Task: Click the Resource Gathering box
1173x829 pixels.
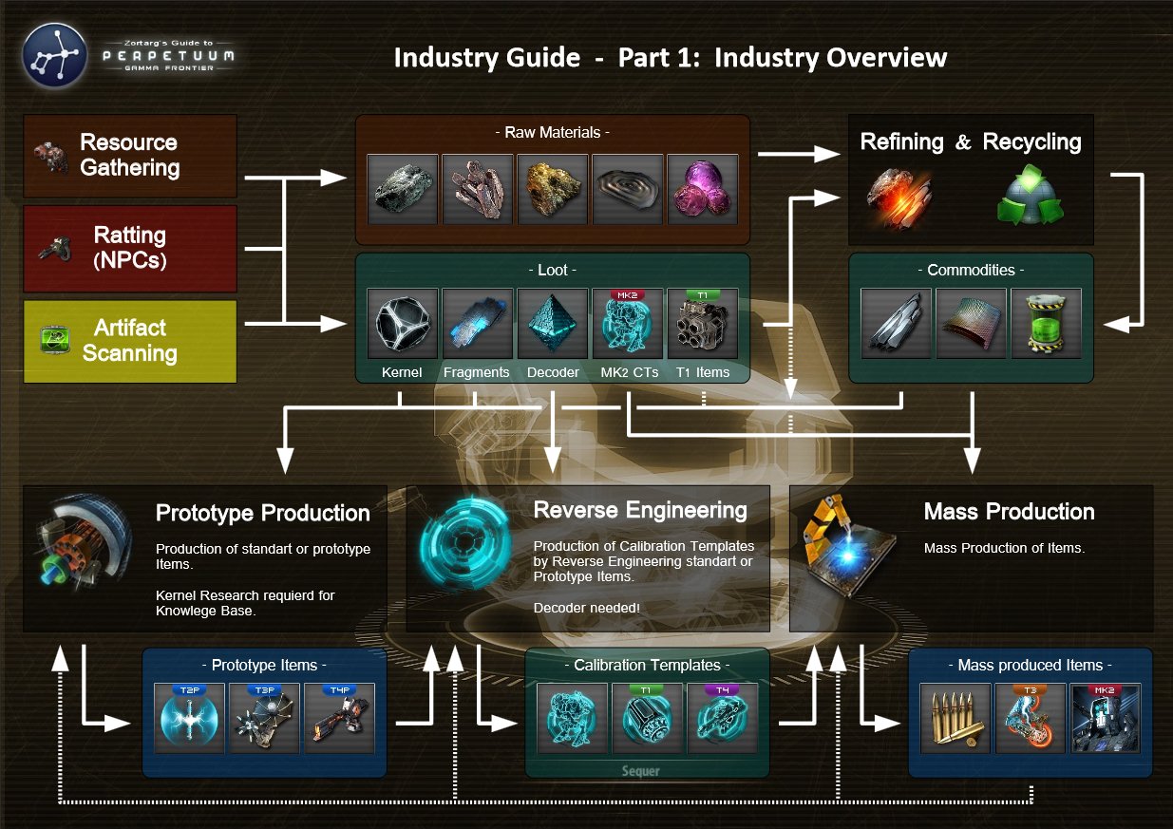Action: click(x=129, y=156)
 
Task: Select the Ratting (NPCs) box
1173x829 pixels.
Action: click(x=129, y=248)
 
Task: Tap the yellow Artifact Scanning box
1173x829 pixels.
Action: click(x=129, y=341)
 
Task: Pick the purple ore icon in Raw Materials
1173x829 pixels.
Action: click(x=704, y=189)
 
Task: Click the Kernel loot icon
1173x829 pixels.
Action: click(x=402, y=324)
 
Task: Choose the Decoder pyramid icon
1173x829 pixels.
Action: click(x=553, y=324)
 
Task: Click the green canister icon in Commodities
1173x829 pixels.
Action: click(x=1046, y=324)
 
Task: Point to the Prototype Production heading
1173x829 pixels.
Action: click(x=262, y=514)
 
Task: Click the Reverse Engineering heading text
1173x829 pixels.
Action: click(x=640, y=511)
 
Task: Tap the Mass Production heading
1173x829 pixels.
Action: click(x=1009, y=513)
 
